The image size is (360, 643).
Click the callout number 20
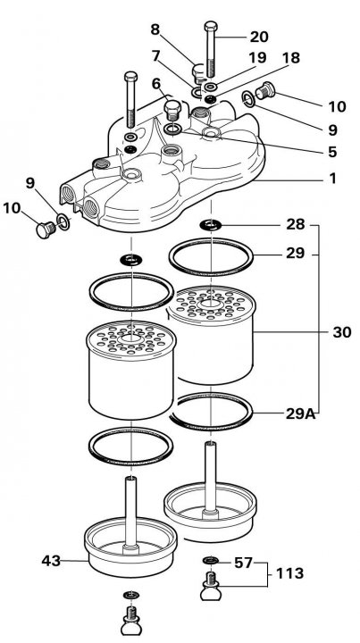tap(259, 37)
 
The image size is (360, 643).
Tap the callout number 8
tap(155, 29)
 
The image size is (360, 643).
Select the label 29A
tap(301, 413)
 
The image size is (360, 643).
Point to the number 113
tap(289, 572)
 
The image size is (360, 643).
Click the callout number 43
tap(51, 561)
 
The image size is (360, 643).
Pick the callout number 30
tap(342, 332)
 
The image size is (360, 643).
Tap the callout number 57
tap(243, 563)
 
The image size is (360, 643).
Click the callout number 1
tap(333, 179)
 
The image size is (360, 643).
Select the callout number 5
tap(332, 152)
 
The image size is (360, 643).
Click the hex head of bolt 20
tap(210, 26)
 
